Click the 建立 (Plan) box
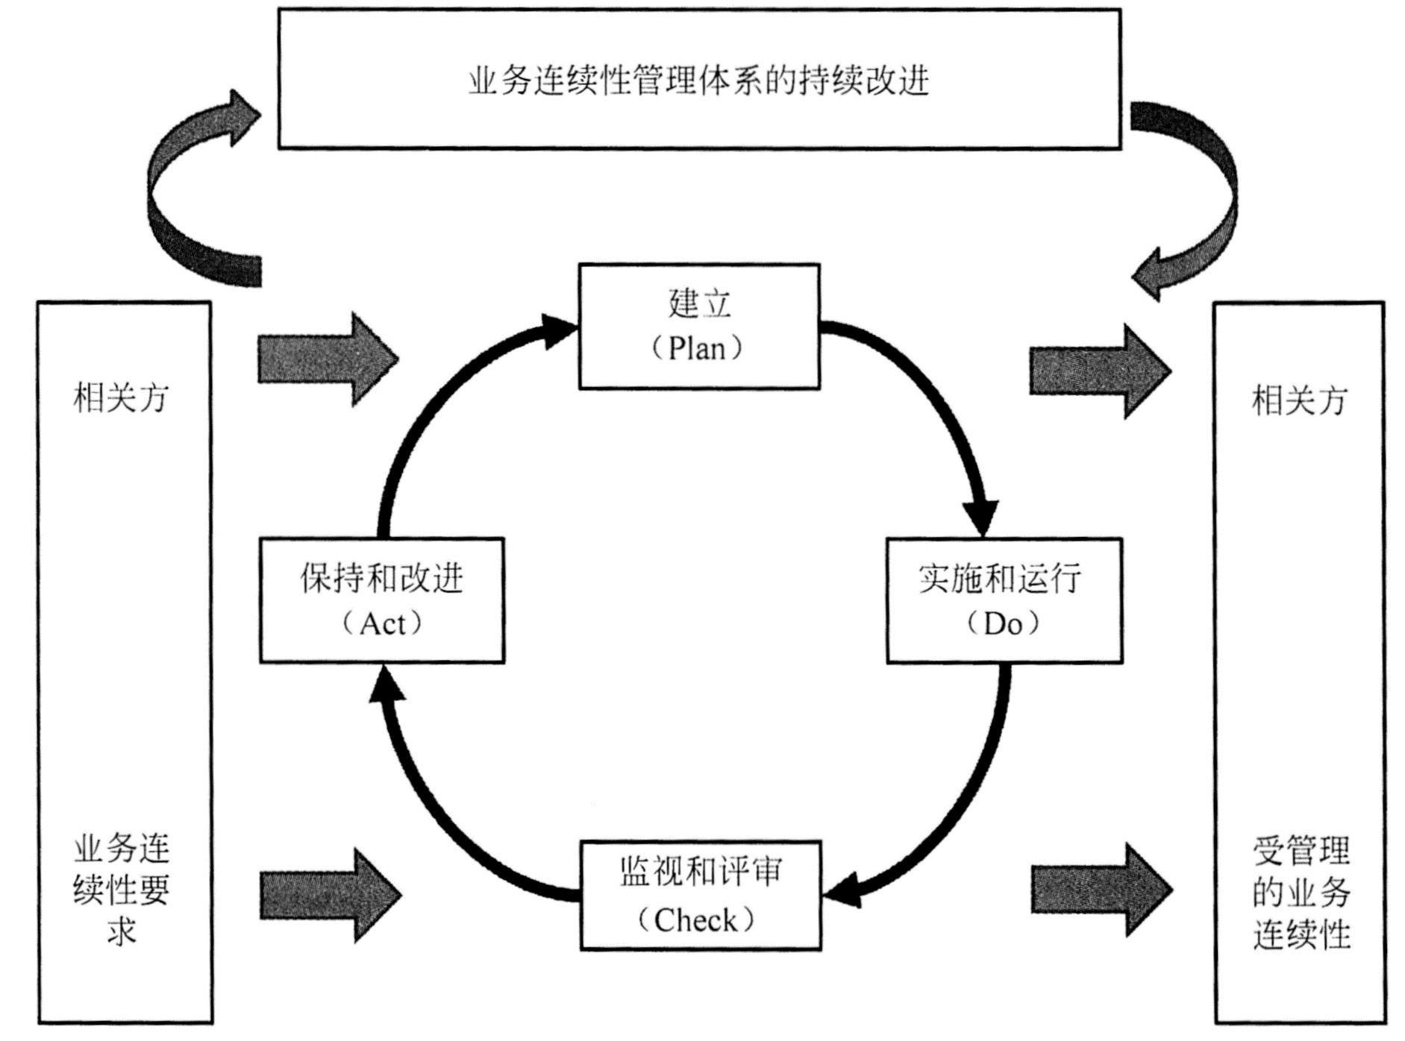(x=699, y=326)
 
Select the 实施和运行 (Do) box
(x=1004, y=600)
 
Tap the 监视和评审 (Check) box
(x=700, y=895)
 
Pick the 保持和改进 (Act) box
(x=381, y=600)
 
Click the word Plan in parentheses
(x=697, y=348)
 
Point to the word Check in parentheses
(x=695, y=920)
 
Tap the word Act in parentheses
(x=383, y=623)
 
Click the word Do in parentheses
(x=1002, y=623)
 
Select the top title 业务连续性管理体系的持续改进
(x=699, y=81)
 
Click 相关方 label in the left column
(x=121, y=397)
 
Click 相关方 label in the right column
(x=1299, y=400)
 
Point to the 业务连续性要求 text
(x=122, y=890)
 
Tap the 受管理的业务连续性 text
(x=1301, y=893)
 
